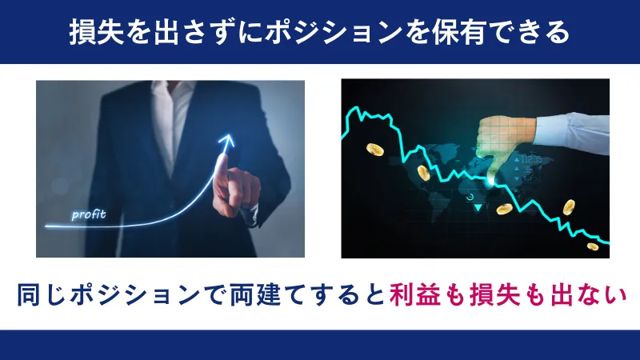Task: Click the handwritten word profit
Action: point(88,214)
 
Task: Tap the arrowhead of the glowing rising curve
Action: point(230,141)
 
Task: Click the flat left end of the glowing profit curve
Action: point(50,226)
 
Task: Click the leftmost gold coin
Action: point(374,150)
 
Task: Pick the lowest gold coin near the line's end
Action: point(592,246)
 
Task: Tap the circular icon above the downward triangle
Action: point(472,194)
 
